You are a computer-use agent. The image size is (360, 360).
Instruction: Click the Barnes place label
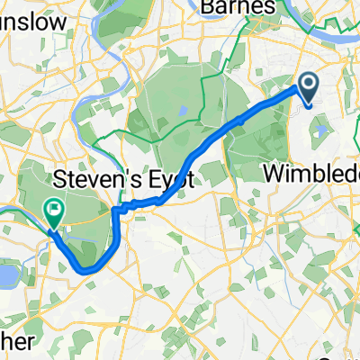point(238,7)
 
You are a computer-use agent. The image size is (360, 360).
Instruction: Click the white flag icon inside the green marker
point(55,209)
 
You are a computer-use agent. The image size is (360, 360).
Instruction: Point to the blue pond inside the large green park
point(182,111)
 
